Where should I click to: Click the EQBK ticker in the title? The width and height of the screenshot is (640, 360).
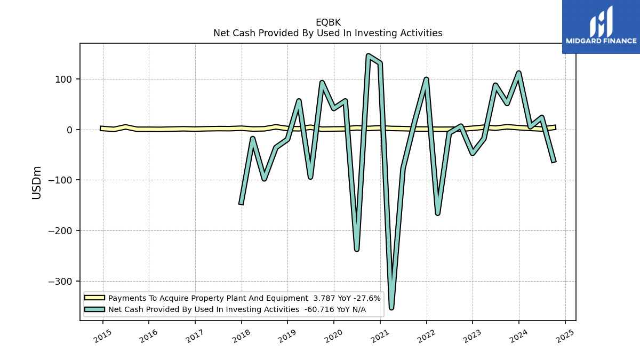click(x=328, y=22)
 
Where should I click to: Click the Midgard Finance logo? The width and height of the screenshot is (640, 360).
click(x=601, y=27)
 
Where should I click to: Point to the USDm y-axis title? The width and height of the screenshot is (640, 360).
click(x=37, y=183)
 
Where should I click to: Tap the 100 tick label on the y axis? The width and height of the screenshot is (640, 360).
click(x=63, y=79)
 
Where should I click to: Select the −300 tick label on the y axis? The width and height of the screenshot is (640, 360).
click(x=60, y=282)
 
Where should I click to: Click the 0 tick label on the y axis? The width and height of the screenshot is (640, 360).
click(x=69, y=130)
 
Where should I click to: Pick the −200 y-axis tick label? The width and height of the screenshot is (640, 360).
click(x=60, y=231)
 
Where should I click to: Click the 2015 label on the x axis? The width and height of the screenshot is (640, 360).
click(x=103, y=336)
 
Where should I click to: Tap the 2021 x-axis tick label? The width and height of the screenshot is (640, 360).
click(x=380, y=336)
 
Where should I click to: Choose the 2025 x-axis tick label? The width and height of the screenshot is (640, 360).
click(x=565, y=336)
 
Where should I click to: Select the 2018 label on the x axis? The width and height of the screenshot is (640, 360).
click(x=242, y=336)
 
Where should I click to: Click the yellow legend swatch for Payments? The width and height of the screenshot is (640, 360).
click(x=94, y=298)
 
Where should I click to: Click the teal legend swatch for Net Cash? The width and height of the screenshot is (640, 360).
click(x=94, y=309)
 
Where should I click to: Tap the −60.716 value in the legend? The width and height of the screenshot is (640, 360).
click(x=316, y=309)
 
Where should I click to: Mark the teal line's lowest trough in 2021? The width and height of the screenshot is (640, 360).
click(x=391, y=308)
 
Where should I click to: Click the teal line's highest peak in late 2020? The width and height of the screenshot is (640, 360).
click(x=369, y=55)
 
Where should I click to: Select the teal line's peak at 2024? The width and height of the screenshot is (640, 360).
click(x=518, y=73)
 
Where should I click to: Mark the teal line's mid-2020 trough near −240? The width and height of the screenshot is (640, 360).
click(x=357, y=250)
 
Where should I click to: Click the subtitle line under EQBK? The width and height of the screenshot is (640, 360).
click(x=328, y=33)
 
